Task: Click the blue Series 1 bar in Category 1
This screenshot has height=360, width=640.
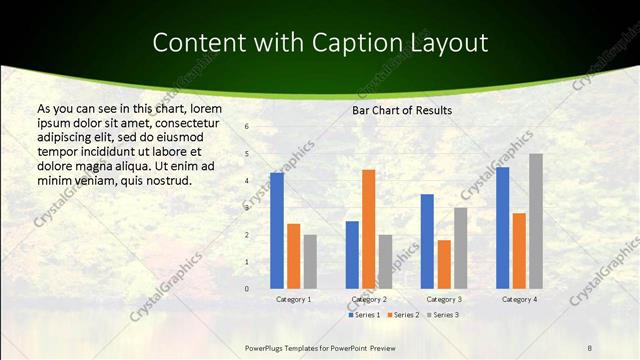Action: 277,231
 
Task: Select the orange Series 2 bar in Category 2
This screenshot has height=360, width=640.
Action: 368,229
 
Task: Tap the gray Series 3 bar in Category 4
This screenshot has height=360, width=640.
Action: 536,221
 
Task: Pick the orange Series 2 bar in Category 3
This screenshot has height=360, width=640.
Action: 444,264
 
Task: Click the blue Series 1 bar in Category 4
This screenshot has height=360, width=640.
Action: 502,228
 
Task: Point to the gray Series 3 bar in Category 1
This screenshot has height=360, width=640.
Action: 310,262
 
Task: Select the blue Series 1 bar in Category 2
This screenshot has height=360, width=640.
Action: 352,255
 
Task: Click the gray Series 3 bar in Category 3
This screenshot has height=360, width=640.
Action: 460,248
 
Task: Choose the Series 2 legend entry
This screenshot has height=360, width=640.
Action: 401,315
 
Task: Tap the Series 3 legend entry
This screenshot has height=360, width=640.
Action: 440,315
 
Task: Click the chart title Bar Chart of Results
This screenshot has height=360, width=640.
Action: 402,110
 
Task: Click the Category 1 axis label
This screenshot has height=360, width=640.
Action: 293,299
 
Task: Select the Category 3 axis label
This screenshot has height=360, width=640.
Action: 443,299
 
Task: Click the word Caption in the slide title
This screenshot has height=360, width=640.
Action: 353,43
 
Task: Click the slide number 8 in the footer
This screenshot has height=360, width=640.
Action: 590,347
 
